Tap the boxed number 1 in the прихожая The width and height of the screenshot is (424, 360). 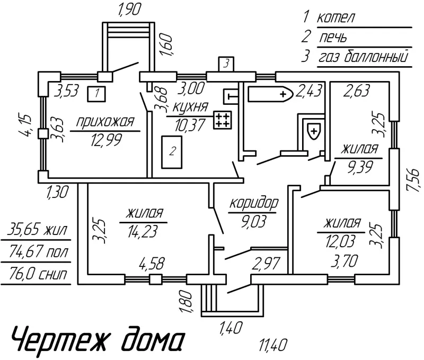(96, 94)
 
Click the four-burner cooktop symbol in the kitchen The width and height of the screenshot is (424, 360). (223, 120)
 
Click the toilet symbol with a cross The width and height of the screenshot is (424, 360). (314, 130)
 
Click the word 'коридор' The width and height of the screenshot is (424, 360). (254, 203)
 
